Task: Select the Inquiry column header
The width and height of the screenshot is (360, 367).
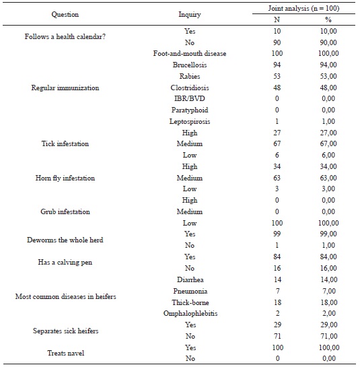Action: pyautogui.click(x=189, y=13)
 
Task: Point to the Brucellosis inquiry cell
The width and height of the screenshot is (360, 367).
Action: pyautogui.click(x=189, y=65)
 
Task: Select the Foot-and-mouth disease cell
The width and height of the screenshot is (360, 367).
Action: pyautogui.click(x=189, y=53)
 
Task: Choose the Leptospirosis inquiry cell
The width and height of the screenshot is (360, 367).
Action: pyautogui.click(x=189, y=121)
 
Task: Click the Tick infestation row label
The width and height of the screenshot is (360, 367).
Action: pyautogui.click(x=64, y=144)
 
